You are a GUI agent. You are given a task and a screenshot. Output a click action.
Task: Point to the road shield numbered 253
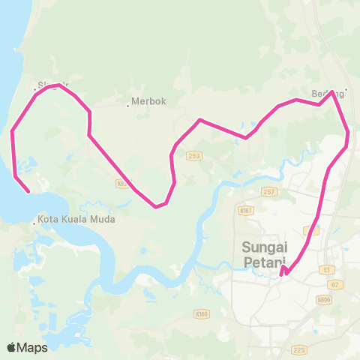(194, 156)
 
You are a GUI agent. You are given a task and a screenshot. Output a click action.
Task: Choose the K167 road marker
(246, 211)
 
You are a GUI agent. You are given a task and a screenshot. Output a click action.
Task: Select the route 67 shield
(335, 285)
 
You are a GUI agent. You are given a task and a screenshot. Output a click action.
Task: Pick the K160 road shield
(200, 313)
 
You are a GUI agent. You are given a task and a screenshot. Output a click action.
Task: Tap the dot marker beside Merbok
(128, 105)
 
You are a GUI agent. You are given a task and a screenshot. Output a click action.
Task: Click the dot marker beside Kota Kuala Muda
(35, 222)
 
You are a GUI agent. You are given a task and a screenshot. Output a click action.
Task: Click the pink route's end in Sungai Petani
(280, 275)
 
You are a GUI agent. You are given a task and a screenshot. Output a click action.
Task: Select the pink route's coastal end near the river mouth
(28, 191)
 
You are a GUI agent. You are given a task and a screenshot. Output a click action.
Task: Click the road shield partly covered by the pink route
(121, 182)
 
